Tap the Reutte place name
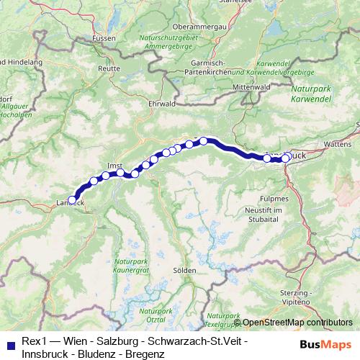pos(109,68)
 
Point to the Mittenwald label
pos(251,87)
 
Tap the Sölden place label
pos(185,270)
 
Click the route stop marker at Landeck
pos(72,200)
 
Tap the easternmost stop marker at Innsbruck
pos(289,156)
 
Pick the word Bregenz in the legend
pos(143,354)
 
